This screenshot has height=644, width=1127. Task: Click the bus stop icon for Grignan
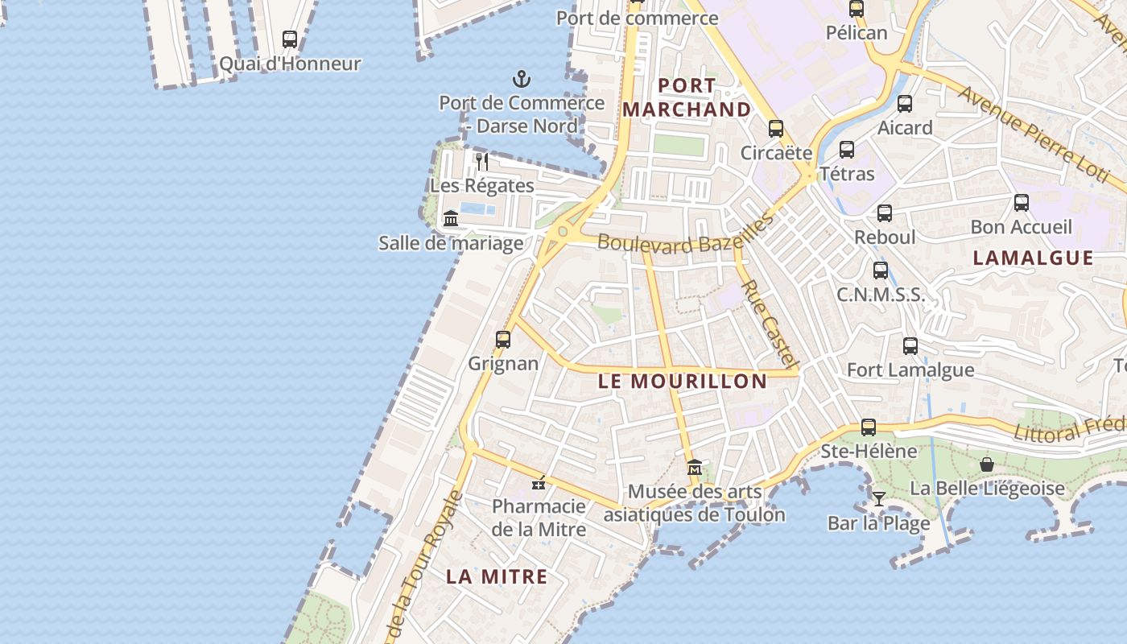pos(503,340)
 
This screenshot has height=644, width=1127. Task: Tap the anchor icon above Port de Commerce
pos(522,79)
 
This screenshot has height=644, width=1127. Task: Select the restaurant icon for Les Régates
pos(481,162)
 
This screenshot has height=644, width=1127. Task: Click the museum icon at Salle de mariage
pos(451,218)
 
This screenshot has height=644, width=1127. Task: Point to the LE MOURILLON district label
pos(683,381)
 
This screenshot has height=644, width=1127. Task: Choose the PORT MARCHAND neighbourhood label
pos(687,97)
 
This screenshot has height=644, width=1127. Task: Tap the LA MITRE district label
pos(497,576)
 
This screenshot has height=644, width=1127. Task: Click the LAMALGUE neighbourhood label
pos(1034,258)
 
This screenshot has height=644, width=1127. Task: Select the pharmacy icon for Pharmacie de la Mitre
pos(539,484)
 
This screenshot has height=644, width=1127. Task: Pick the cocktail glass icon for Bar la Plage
pos(879,499)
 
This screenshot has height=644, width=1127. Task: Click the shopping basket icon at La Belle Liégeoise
pos(987,464)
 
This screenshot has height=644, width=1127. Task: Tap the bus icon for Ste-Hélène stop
pos(869,427)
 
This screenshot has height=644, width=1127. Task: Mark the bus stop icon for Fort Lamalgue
pos(910,346)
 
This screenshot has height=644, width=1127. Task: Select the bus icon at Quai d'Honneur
pos(290,39)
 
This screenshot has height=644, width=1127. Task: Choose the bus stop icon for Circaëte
pos(776,128)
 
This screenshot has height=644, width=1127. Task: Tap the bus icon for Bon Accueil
pos(1022,203)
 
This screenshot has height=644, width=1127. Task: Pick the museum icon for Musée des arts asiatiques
pos(695,467)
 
